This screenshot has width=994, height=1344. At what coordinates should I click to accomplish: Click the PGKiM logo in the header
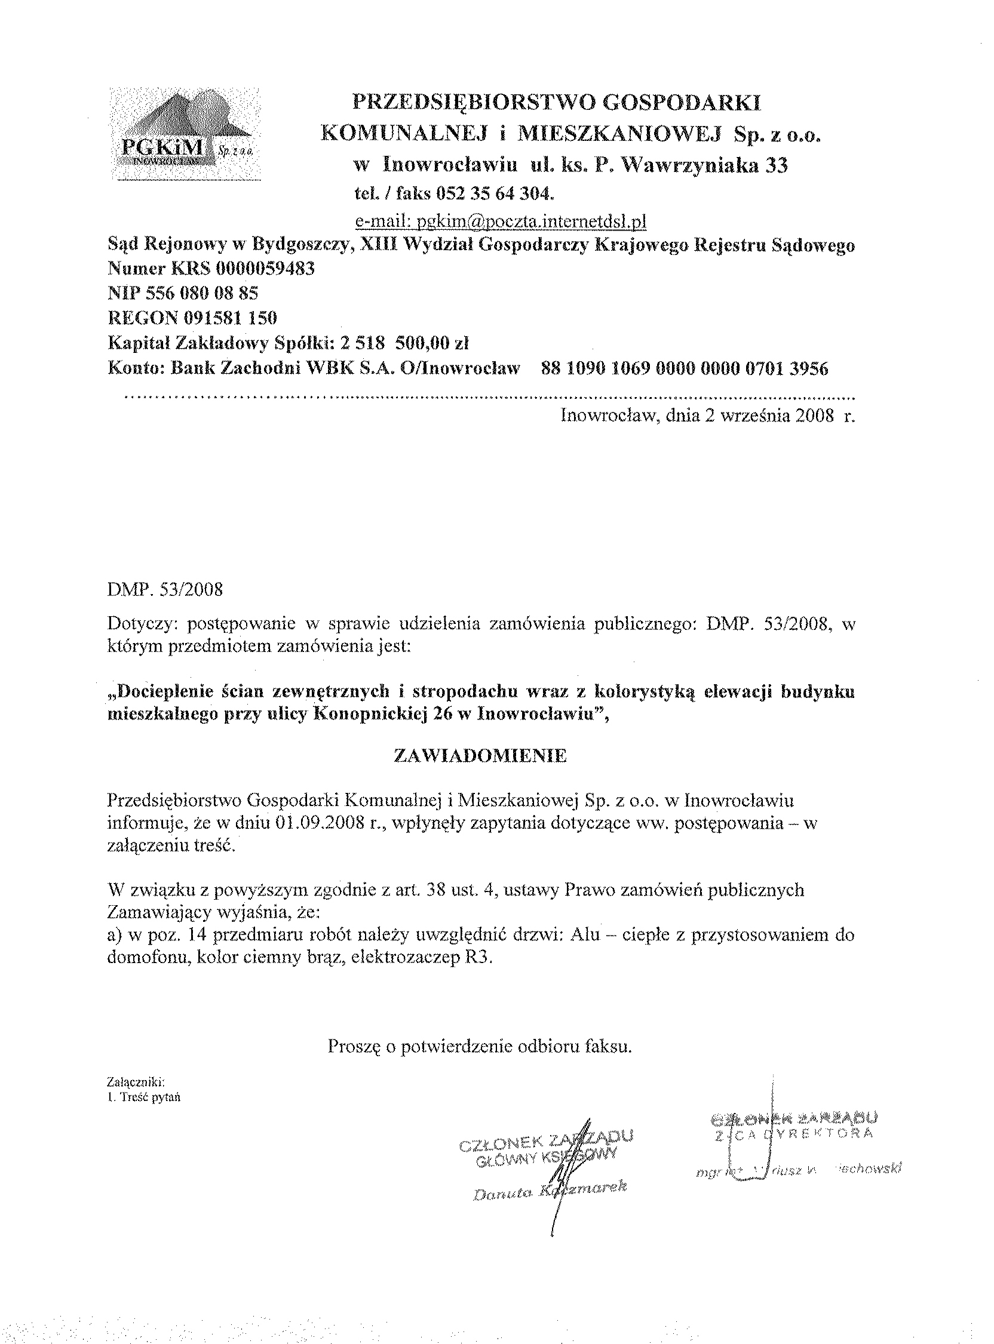click(185, 134)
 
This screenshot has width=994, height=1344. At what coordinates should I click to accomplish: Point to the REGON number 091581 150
click(227, 318)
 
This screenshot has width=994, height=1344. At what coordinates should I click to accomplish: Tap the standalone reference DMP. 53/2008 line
click(165, 589)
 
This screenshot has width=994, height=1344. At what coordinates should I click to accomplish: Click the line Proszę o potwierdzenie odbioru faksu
click(480, 1047)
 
